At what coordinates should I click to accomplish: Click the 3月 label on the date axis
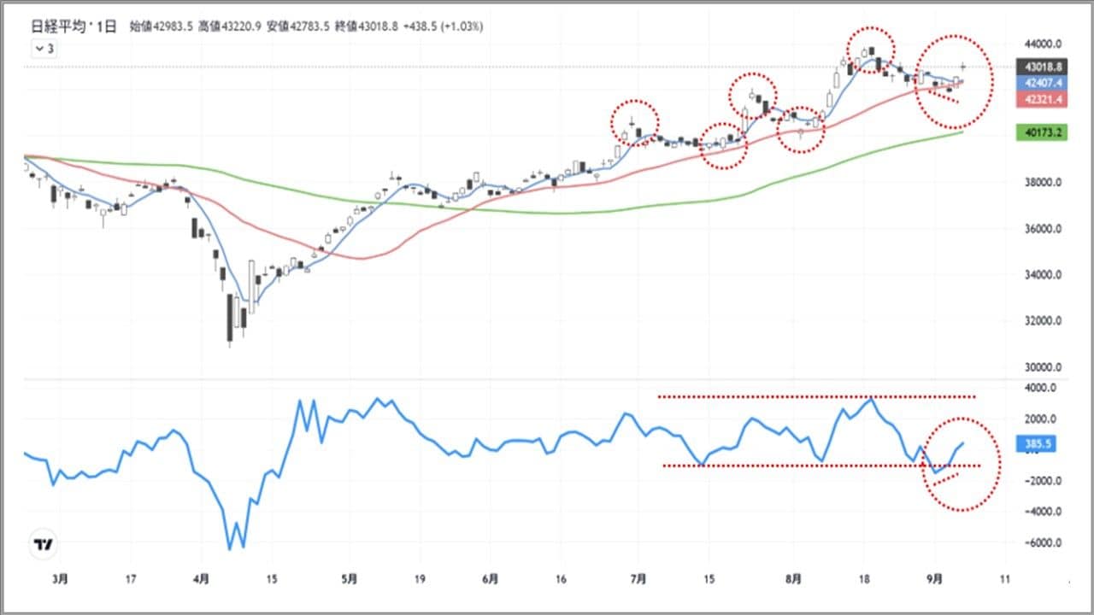tap(58, 579)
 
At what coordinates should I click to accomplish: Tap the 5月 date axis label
tap(349, 579)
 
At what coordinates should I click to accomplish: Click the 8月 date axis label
tap(793, 579)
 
